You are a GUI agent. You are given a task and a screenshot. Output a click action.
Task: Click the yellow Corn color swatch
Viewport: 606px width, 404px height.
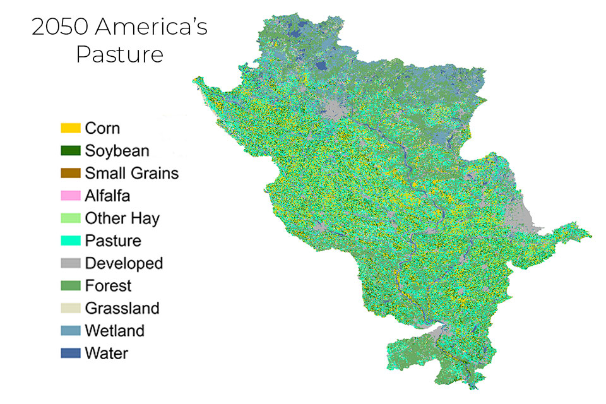pos(71,128)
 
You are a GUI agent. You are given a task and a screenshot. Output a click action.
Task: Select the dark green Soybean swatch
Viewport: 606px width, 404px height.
pos(71,151)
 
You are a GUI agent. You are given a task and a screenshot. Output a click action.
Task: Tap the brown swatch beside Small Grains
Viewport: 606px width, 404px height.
pos(71,173)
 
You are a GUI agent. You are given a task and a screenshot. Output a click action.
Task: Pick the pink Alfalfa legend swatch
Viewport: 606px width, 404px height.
pos(71,196)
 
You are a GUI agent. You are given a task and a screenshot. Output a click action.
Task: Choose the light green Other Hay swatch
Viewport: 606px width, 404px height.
pos(71,218)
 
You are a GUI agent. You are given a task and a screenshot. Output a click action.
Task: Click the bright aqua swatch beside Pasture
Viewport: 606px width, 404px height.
pos(71,241)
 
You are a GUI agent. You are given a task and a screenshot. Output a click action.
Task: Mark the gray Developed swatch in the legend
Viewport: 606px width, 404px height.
pos(71,263)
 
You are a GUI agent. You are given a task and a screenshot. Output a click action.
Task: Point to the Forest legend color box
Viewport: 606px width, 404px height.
pos(71,285)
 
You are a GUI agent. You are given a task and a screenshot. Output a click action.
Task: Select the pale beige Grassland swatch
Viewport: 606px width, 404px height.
pos(71,308)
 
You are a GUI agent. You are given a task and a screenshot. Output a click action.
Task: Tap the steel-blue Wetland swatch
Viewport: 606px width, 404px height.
pos(71,331)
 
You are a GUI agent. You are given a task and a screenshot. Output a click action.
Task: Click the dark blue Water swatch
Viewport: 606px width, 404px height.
pos(71,353)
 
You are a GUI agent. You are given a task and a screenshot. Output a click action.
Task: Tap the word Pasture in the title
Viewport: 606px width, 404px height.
pos(120,55)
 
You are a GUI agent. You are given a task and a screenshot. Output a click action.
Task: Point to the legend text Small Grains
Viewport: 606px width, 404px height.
pos(131,173)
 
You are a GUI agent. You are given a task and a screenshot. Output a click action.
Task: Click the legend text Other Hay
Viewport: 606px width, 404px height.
pos(122,218)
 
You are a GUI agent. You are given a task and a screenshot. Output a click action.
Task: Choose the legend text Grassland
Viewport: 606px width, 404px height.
pos(122,308)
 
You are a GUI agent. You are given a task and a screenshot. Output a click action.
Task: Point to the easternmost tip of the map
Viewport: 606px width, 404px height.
pos(591,237)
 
